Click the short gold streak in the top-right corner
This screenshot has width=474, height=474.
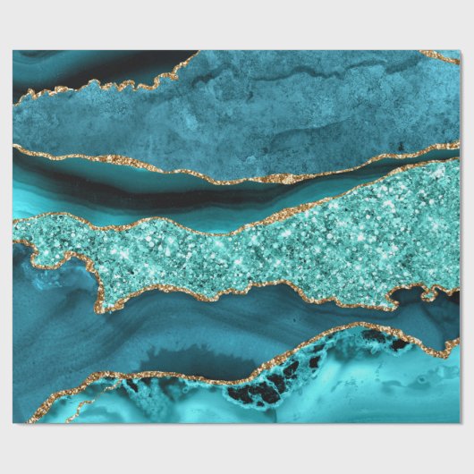click(441, 57)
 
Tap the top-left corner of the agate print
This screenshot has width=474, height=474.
click(13, 51)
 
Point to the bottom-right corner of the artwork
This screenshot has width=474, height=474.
click(460, 423)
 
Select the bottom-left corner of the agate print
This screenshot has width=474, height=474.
click(13, 423)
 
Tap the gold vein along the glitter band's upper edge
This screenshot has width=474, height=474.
click(224, 219)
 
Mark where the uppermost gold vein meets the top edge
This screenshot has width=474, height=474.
click(195, 53)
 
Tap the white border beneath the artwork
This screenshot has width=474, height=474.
click(237, 447)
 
